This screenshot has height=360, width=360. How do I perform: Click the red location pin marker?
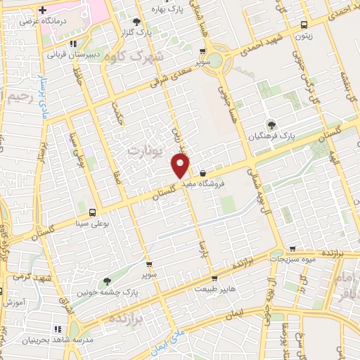(x=181, y=165)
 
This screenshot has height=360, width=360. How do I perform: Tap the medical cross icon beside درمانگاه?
(x=43, y=11)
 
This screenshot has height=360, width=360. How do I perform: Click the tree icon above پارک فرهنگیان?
(x=271, y=124)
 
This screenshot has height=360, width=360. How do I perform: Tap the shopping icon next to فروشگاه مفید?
(x=202, y=173)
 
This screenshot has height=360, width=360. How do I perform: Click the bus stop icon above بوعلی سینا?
(x=92, y=212)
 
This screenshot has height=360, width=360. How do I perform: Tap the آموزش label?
(x=14, y=302)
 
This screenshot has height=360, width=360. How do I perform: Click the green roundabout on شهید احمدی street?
(x=218, y=60)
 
